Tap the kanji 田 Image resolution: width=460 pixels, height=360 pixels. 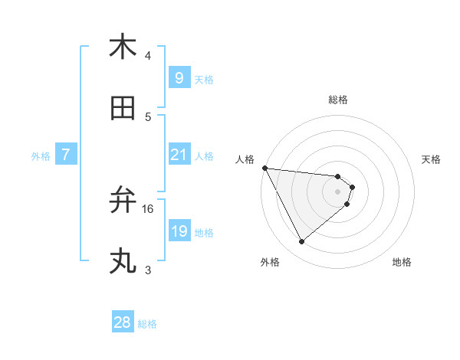click(123, 109)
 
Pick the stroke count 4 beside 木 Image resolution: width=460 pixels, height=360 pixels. click(148, 56)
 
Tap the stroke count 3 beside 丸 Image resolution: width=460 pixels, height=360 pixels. click(148, 270)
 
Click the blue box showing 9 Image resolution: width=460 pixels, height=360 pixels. click(179, 77)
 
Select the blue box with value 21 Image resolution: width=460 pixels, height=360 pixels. click(179, 155)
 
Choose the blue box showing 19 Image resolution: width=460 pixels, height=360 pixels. click(179, 231)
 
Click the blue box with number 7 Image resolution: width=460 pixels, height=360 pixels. click(67, 155)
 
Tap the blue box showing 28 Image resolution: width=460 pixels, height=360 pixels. click(122, 322)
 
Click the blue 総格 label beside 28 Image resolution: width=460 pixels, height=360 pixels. click(147, 324)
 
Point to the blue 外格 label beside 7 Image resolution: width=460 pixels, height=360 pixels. click(41, 156)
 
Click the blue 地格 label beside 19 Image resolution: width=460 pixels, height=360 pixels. click(204, 233)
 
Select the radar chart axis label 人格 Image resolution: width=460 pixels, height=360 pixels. click(245, 159)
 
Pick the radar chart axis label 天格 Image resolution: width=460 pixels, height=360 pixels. click(431, 159)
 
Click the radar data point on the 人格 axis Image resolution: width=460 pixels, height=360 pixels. click(264, 168)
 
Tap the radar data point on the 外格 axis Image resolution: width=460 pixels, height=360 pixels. click(301, 242)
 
